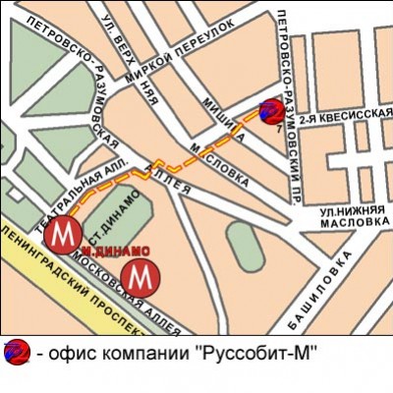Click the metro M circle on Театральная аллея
point(65,235)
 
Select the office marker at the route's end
point(268,113)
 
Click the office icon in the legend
point(16,351)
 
